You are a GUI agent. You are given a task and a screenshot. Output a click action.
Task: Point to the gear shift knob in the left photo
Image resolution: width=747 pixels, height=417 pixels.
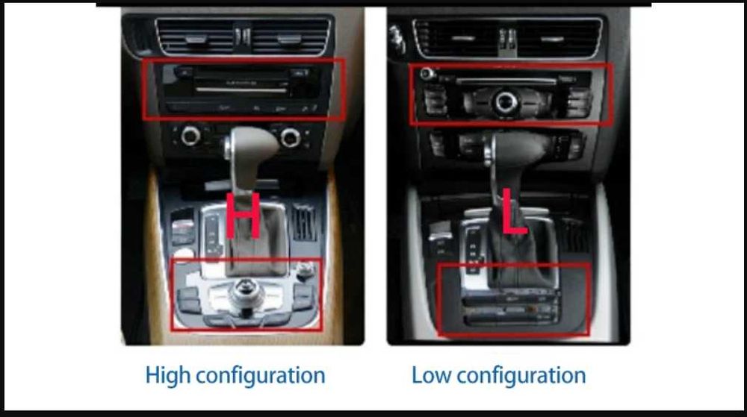click(251, 145)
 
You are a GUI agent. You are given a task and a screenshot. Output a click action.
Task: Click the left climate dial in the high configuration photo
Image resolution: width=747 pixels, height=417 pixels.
click(191, 137)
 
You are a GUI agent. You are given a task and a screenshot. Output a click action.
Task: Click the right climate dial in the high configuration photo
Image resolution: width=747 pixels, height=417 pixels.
click(290, 137)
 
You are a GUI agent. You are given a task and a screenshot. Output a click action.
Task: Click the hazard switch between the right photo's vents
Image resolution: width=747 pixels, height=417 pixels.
click(507, 37)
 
